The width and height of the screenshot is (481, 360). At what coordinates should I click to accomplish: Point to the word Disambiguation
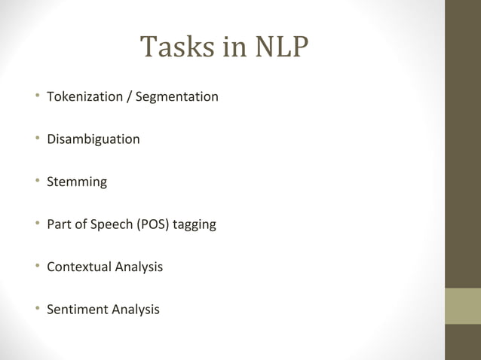(x=93, y=139)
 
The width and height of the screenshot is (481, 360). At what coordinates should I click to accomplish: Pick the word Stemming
(x=76, y=182)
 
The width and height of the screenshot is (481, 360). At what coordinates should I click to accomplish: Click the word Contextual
(x=78, y=267)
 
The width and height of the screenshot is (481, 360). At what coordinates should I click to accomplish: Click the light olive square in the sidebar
(x=463, y=305)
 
